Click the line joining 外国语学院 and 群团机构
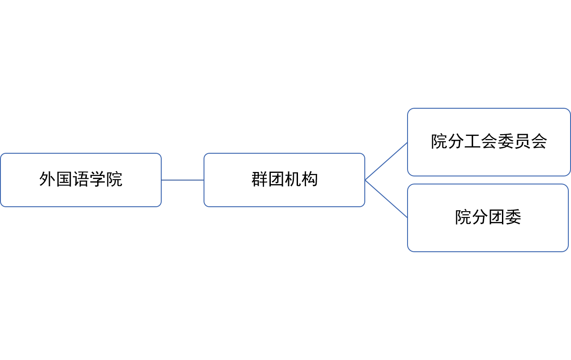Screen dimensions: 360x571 183,180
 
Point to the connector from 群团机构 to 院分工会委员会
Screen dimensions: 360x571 386,161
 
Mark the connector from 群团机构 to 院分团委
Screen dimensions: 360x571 386,199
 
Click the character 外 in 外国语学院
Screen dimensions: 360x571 47,179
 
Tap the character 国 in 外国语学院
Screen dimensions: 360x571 64,179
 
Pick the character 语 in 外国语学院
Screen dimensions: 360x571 81,179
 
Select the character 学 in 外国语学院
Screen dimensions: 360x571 97,179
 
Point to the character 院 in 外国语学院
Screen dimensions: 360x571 114,179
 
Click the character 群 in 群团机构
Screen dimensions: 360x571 260,179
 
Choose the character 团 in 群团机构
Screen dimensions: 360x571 276,179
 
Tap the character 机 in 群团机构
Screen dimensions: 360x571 293,179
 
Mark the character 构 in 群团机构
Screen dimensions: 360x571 310,179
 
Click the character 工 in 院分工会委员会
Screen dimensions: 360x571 472,141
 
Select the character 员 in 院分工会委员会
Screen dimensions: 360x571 522,141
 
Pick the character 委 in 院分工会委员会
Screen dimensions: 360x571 506,141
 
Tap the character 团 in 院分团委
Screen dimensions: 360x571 497,217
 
